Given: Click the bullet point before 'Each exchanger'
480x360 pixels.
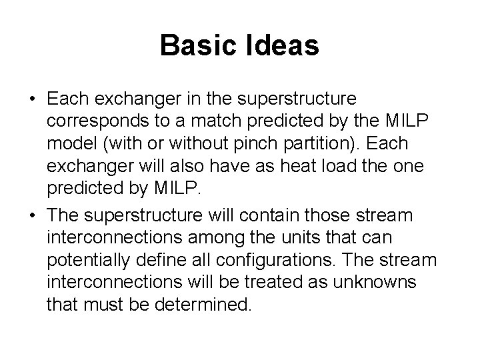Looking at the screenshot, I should tap(32, 99).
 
